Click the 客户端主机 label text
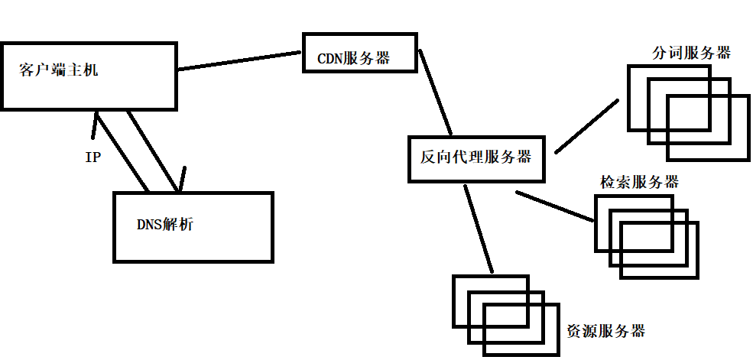59,72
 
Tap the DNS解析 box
193,227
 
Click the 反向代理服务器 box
478,158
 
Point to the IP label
93,158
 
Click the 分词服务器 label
691,53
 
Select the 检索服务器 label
640,182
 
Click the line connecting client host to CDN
239,60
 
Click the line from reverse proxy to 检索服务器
556,206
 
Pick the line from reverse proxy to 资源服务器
478,229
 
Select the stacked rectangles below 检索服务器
647,236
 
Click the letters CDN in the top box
330,58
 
